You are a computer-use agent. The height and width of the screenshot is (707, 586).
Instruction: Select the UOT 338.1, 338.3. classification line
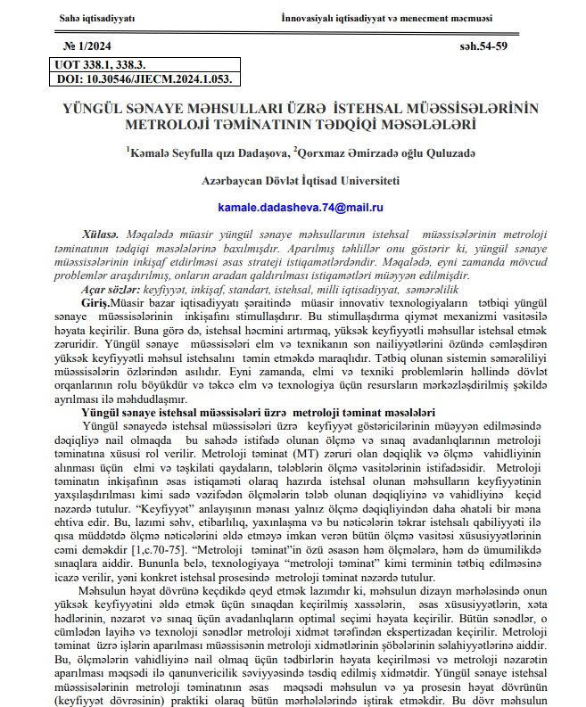coord(105,65)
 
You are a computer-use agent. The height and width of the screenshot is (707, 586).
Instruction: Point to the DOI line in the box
coord(143,79)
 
